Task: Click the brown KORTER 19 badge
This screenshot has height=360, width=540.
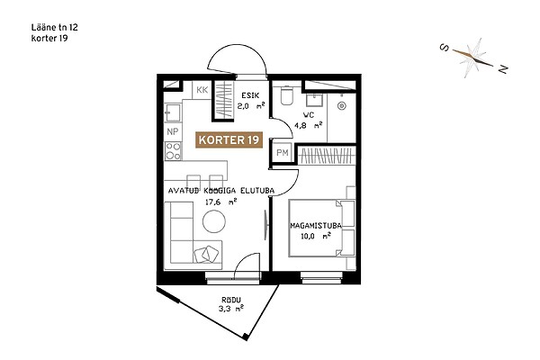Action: tap(229, 140)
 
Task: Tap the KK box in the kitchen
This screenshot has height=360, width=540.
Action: tap(202, 90)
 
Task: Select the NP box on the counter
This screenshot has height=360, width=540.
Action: tap(173, 131)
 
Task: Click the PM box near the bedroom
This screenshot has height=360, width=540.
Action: tap(283, 152)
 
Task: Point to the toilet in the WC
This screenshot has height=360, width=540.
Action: tap(287, 94)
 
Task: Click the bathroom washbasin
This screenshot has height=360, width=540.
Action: tap(314, 100)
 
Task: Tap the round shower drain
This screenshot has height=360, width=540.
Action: tap(342, 106)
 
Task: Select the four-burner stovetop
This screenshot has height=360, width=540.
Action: tap(173, 151)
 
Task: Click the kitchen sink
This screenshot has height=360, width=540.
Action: tap(173, 112)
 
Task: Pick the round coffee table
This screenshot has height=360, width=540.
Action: tap(214, 221)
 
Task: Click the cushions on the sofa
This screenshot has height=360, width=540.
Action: tap(206, 255)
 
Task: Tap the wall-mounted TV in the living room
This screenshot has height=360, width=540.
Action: tap(265, 225)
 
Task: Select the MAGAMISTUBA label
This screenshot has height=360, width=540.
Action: tap(316, 226)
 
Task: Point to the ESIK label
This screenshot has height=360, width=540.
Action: tap(250, 95)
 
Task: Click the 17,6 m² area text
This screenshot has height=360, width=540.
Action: tap(220, 202)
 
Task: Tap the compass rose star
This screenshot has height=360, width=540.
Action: tap(472, 57)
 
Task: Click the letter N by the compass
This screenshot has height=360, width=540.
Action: tap(503, 69)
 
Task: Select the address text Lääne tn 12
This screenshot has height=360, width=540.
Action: tap(54, 27)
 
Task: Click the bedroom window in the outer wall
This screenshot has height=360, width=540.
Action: tap(321, 278)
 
